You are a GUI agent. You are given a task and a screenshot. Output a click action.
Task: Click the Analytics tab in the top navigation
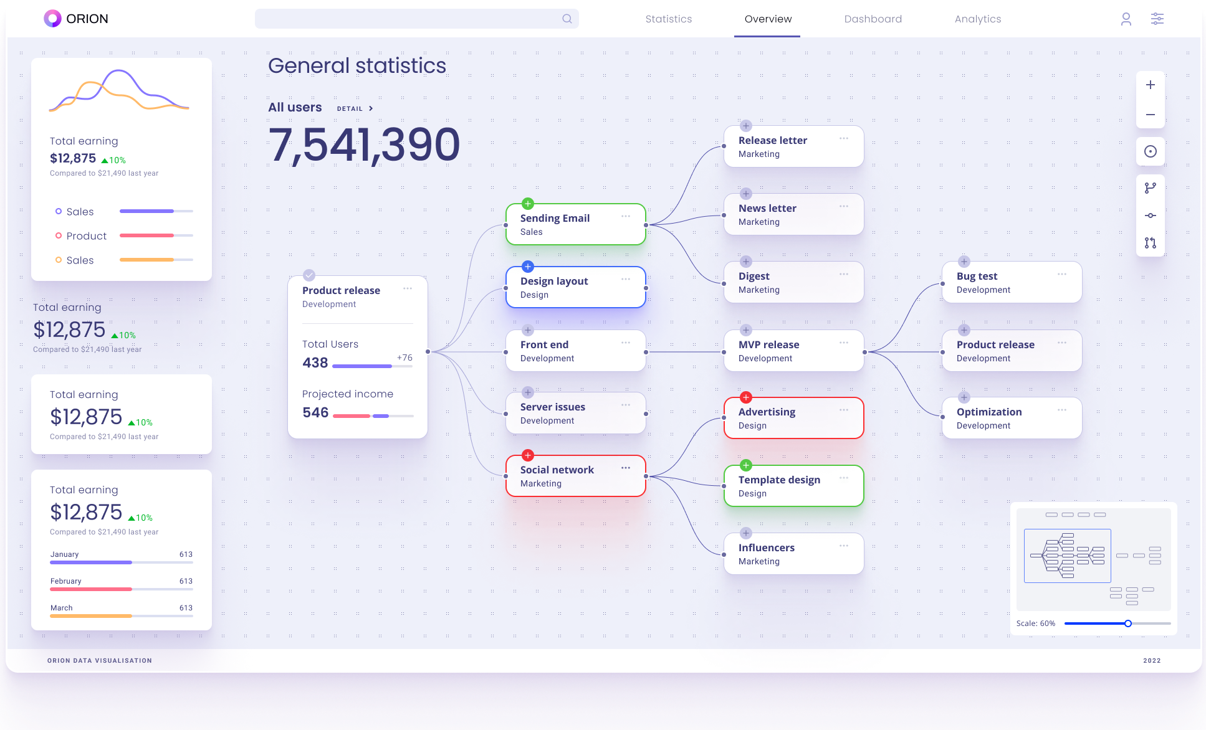tap(977, 19)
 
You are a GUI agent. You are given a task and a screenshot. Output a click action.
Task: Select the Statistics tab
tap(668, 19)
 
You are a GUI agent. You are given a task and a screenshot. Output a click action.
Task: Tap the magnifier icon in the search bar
tap(567, 19)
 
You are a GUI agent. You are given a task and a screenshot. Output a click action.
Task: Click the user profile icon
tap(1126, 19)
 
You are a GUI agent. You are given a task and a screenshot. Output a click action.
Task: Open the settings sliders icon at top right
tap(1157, 19)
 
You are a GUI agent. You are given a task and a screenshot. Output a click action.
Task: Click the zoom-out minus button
tap(1150, 115)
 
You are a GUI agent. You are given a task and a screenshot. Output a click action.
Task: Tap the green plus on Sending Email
tap(528, 204)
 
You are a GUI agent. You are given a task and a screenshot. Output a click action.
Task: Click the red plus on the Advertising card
tap(746, 397)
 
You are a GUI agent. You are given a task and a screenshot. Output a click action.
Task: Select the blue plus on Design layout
tap(528, 267)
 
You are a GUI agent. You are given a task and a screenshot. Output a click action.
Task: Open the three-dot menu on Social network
tap(625, 468)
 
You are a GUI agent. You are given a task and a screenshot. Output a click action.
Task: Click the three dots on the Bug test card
tap(1061, 274)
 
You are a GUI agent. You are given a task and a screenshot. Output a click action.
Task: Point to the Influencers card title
tap(766, 547)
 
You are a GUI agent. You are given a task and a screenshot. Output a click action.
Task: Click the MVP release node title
tap(768, 344)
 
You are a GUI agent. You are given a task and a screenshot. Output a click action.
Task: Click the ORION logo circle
tap(52, 19)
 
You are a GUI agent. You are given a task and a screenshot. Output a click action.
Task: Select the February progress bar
tap(122, 589)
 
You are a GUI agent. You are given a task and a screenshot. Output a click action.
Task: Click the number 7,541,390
tap(364, 145)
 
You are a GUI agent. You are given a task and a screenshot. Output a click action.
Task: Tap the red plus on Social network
tap(528, 455)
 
